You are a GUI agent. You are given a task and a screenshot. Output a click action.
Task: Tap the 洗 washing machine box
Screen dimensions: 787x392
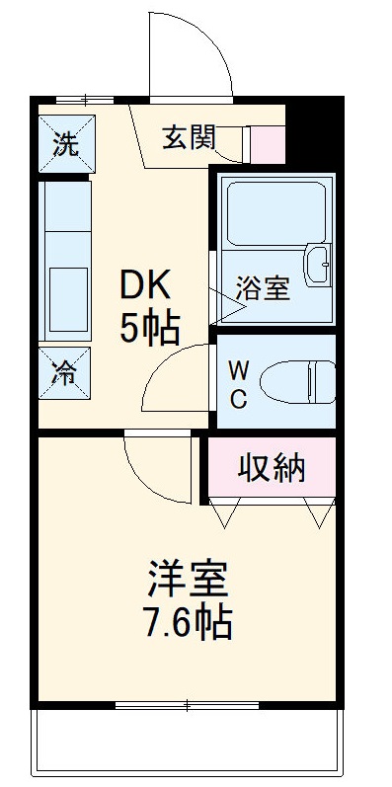pos(66,144)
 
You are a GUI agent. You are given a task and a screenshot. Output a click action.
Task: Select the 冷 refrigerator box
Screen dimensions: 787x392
pos(65,373)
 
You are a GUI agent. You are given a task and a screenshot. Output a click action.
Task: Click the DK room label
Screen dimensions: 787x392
pos(146,287)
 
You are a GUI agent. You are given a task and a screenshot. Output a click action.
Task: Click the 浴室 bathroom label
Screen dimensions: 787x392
pos(263,291)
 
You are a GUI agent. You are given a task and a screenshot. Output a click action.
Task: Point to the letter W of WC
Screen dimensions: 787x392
pos(239,370)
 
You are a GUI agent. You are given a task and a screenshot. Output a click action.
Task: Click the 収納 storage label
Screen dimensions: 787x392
pos(272,468)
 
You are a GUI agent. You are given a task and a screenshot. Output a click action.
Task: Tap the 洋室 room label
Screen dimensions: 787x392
pos(189,578)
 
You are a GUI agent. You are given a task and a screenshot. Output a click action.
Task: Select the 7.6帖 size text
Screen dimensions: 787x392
pos(187,623)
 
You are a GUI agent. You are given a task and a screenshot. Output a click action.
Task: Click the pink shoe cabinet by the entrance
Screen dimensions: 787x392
pos(265,144)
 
